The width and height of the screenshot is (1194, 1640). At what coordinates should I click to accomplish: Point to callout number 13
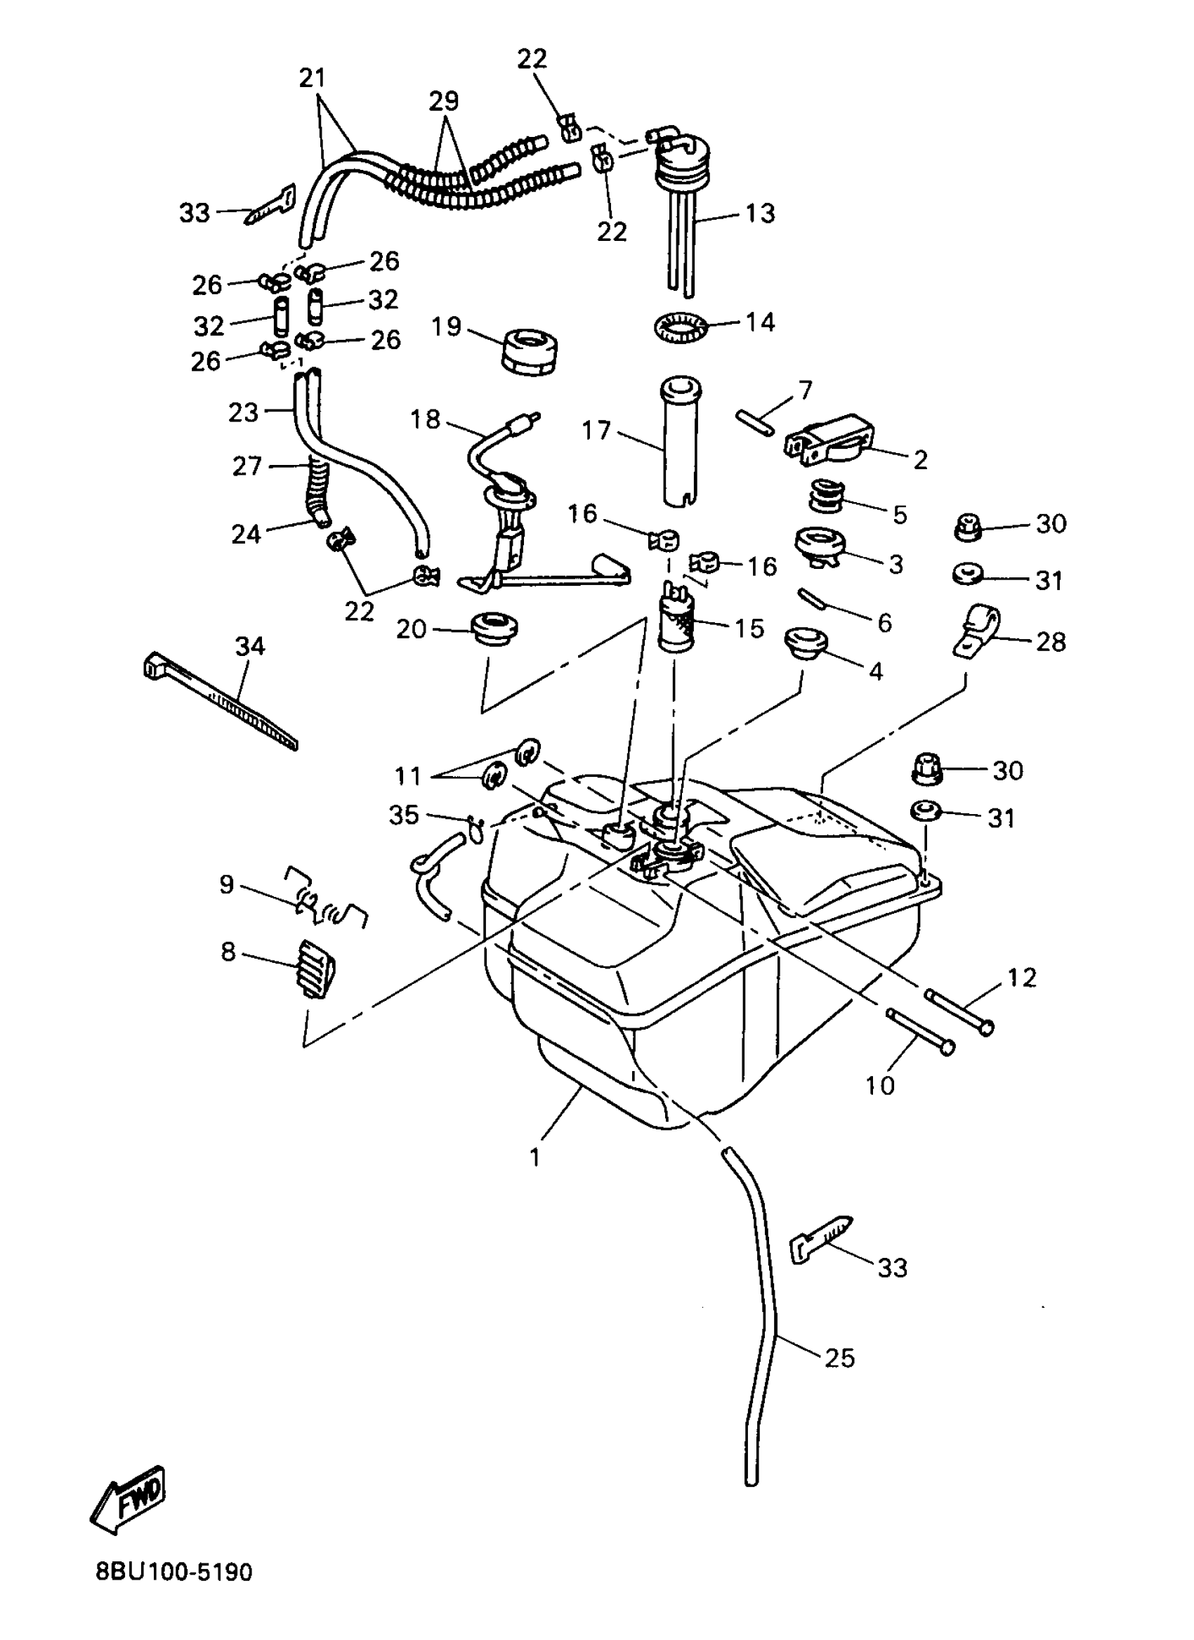point(760,214)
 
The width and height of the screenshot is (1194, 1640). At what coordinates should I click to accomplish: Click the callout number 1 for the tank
point(534,1157)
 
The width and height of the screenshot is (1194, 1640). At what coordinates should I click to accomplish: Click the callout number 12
point(1021,978)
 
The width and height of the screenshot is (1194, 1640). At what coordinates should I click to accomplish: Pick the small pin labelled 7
point(756,422)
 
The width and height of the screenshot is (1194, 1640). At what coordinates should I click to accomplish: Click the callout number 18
point(424,419)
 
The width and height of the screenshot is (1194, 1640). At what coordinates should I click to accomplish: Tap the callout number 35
point(404,815)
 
